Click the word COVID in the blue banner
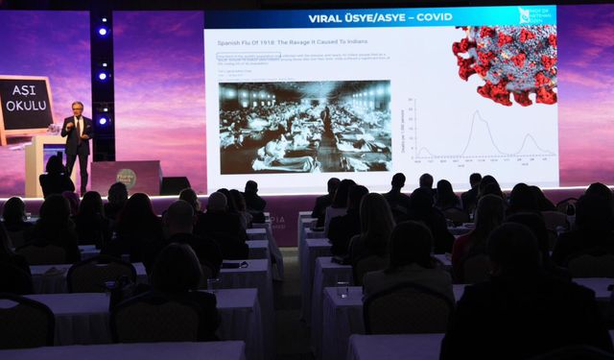coord(434,18)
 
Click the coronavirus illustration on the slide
coord(506,63)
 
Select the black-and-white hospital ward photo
coord(304,127)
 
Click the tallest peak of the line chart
coord(472,112)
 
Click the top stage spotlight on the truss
coord(103,31)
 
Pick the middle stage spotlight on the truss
coord(103,75)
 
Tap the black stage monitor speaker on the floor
coord(176,185)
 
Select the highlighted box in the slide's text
coord(248,57)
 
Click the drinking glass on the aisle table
coord(342,289)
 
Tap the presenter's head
coord(77,108)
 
